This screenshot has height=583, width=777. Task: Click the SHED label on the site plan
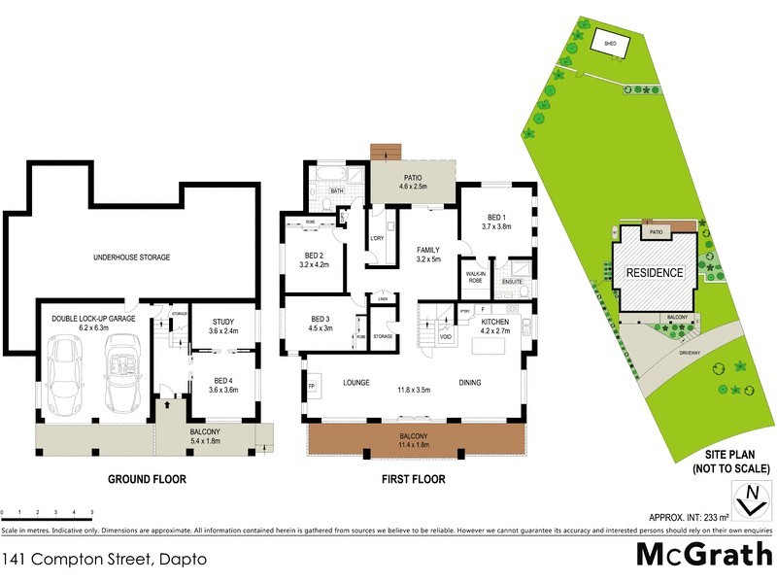611,44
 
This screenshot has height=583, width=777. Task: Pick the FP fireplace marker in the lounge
312,386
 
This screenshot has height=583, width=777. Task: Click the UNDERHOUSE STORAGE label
131,257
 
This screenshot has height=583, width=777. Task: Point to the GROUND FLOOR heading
148,479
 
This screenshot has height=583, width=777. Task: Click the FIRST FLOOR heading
412,479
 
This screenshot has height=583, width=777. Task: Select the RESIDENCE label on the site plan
653,273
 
